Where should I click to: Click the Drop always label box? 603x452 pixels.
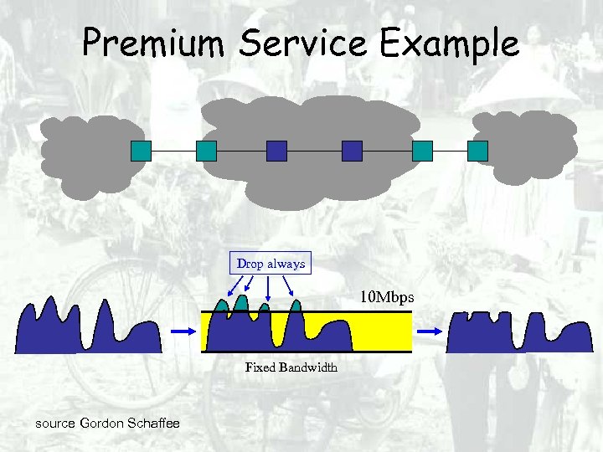271,264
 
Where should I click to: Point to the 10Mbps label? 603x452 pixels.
387,296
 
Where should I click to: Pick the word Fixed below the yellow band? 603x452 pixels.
260,367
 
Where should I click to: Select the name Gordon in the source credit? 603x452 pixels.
103,424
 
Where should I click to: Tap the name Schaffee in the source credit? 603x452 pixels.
154,424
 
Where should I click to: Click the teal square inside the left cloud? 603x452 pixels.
141,151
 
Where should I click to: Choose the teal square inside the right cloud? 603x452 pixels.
477,151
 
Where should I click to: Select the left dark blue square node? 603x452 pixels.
276,151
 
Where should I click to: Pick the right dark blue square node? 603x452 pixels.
352,151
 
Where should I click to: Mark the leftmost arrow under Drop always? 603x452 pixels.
233,286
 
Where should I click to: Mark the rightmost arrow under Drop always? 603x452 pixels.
289,286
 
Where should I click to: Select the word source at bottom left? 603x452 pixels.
55,424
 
